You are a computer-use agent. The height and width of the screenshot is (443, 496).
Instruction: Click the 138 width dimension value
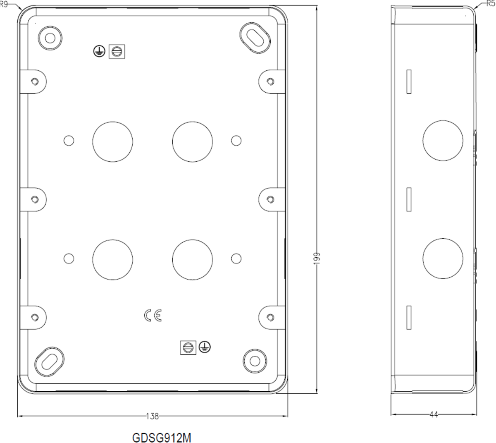[153, 417]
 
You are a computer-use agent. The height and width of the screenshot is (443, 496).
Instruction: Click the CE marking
[153, 316]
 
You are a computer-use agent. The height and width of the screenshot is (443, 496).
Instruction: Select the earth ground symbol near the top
[98, 51]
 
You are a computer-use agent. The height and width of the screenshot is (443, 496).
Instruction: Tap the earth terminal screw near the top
[116, 51]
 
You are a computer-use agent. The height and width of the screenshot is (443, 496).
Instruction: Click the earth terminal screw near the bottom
[187, 347]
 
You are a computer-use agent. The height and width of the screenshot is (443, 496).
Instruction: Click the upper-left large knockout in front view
[112, 141]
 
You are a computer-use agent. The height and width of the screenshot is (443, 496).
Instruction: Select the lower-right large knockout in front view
[193, 259]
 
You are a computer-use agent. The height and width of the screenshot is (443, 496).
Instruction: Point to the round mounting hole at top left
[50, 38]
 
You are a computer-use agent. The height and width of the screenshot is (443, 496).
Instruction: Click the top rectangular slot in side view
[409, 81]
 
